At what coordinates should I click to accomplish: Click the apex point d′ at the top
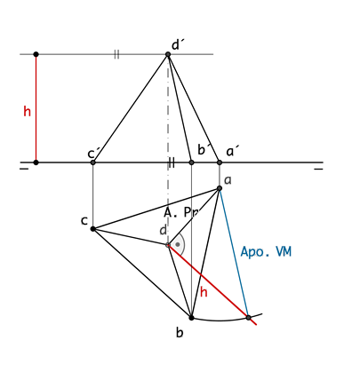(x=168, y=54)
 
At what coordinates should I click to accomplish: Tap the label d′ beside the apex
(x=177, y=45)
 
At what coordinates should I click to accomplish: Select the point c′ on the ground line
(x=93, y=162)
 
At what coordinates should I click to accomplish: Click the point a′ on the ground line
(x=220, y=162)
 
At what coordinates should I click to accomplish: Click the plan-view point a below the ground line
(x=220, y=188)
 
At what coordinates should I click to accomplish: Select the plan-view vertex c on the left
(x=92, y=229)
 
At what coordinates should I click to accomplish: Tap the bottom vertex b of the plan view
(x=191, y=318)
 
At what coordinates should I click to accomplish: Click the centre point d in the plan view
(x=168, y=245)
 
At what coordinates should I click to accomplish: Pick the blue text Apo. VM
(x=266, y=252)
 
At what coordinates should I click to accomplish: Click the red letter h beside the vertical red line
(x=27, y=112)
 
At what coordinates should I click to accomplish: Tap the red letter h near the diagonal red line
(x=204, y=292)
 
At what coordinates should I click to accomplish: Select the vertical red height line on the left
(x=36, y=108)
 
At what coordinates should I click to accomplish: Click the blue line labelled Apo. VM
(x=234, y=253)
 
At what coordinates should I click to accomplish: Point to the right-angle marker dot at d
(x=178, y=245)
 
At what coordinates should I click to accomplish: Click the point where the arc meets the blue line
(x=249, y=318)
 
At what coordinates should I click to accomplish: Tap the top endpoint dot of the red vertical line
(x=36, y=54)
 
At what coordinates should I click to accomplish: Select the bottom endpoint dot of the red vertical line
(x=36, y=162)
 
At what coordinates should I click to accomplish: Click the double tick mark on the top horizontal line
(x=116, y=54)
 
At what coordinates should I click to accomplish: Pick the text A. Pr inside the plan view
(x=181, y=212)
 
